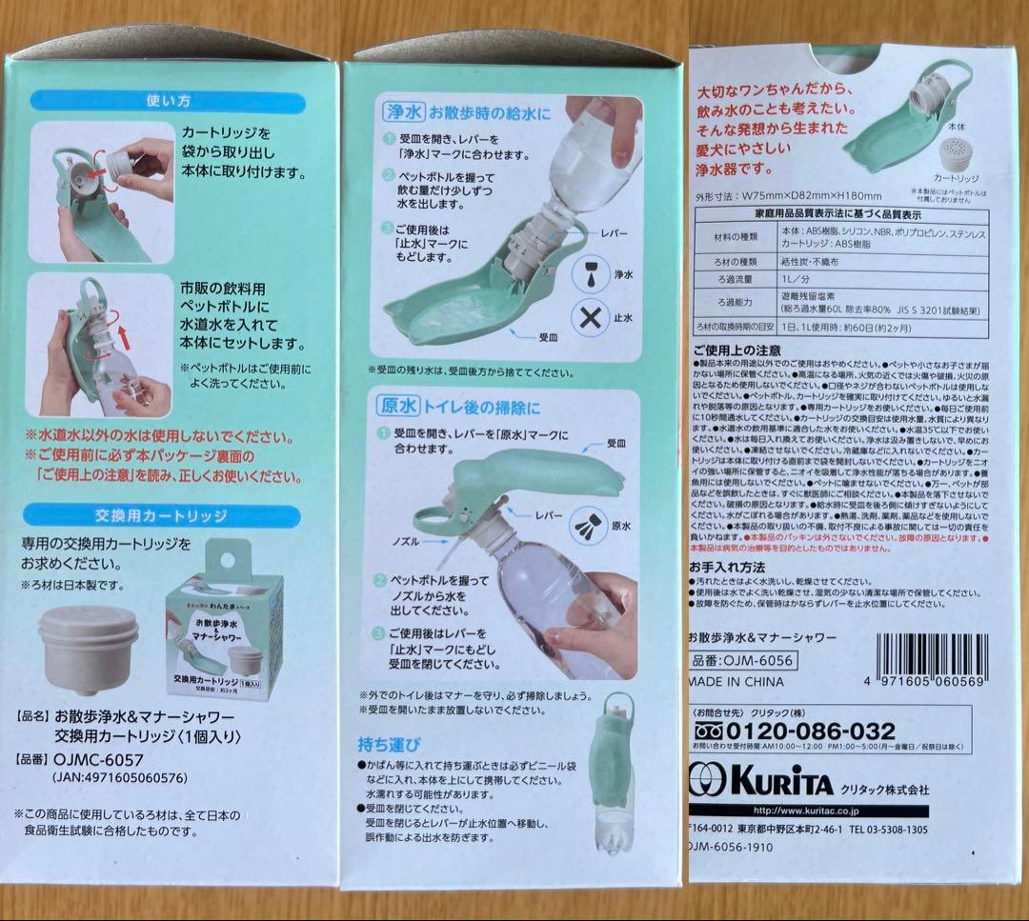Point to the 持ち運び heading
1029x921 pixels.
pos(390,742)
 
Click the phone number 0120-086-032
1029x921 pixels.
pos(811,731)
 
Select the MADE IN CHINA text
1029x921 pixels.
pos(736,682)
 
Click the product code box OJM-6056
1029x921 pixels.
pos(742,661)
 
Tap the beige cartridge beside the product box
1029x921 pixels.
pos(90,649)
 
